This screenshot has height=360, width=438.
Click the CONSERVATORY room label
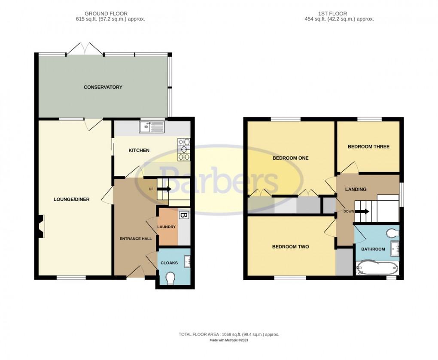point(103,87)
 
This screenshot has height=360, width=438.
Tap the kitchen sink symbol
point(152,127)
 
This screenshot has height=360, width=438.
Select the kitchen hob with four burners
point(183,149)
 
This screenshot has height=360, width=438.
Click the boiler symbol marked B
point(183,215)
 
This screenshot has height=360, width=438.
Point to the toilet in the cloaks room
point(170,278)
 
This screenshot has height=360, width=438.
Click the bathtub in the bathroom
point(377,269)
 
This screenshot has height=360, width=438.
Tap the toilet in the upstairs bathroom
point(392,233)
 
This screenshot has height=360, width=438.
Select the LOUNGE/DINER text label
point(71,199)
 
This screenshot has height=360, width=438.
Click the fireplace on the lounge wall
point(41,226)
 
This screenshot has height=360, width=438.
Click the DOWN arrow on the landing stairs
point(363,211)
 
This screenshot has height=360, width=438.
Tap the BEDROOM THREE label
point(368,147)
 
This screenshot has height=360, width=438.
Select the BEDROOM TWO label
point(290,247)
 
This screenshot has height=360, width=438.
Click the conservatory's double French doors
point(85,49)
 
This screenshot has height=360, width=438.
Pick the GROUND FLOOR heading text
point(107,14)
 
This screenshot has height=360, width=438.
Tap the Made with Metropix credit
point(228,340)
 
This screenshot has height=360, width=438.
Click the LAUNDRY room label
point(167,227)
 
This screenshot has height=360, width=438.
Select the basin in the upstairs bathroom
point(395,248)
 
